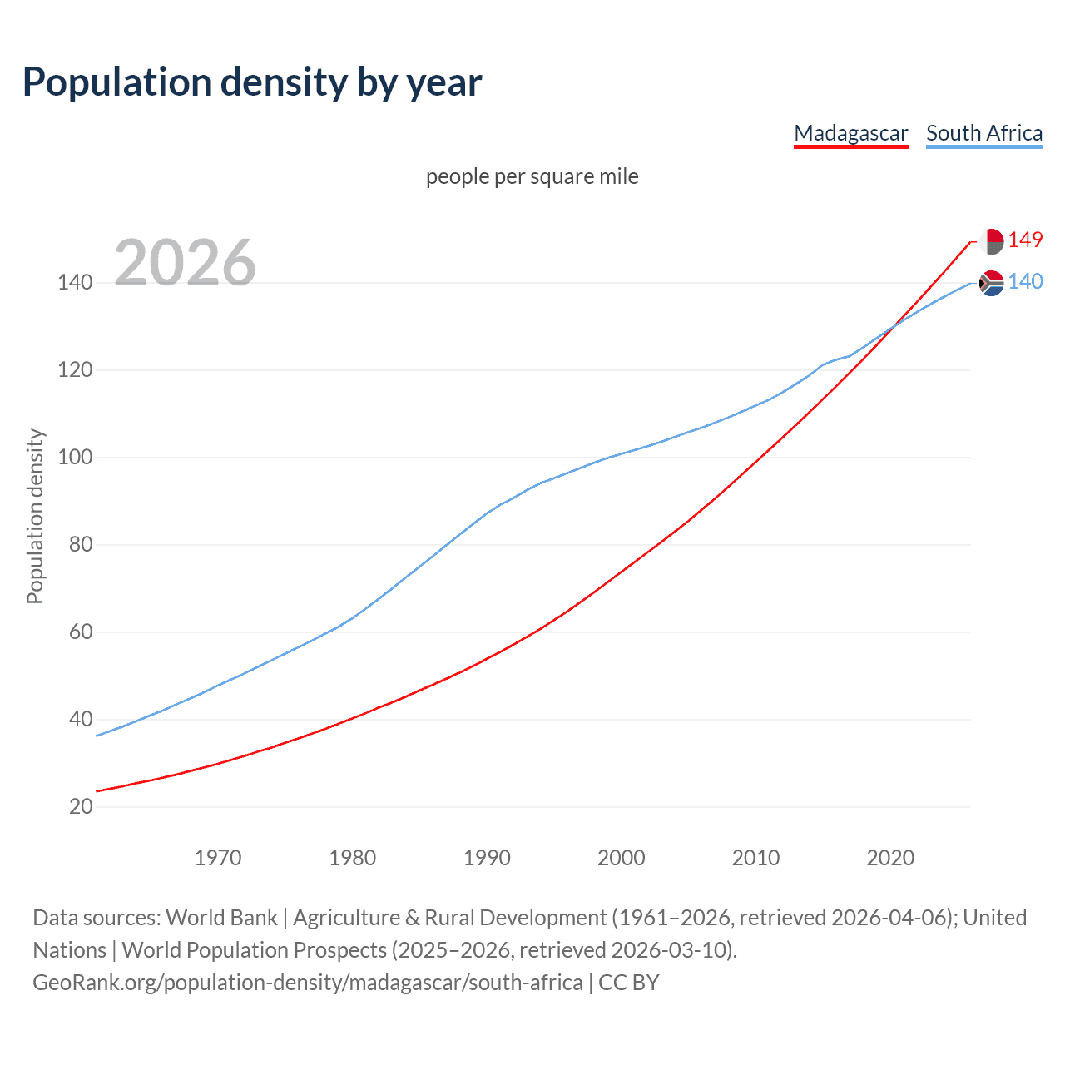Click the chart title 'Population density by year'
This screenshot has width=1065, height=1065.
pos(252,82)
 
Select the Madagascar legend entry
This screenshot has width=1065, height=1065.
pos(850,133)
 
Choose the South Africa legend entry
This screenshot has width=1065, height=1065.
pos(983,133)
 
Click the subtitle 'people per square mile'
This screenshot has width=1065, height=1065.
pos(532,176)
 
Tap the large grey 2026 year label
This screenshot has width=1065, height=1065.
pos(185,262)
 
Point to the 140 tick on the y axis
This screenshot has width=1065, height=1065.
pos(75,282)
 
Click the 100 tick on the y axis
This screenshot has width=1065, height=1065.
pos(75,457)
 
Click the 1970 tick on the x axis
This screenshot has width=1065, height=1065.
pos(218,858)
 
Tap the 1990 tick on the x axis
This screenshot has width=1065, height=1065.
pos(487,858)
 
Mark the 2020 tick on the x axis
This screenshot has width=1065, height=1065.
pos(890,858)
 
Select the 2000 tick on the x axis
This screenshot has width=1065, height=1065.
pos(622,858)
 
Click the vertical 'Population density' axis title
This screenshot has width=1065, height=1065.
pos(35,516)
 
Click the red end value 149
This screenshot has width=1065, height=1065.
pos(1025,240)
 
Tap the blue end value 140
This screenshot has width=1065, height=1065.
pos(1025,282)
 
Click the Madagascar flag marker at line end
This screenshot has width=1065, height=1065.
pos(991,241)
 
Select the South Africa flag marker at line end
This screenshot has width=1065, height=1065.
pos(991,283)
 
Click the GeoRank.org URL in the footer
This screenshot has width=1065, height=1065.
pos(308,983)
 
